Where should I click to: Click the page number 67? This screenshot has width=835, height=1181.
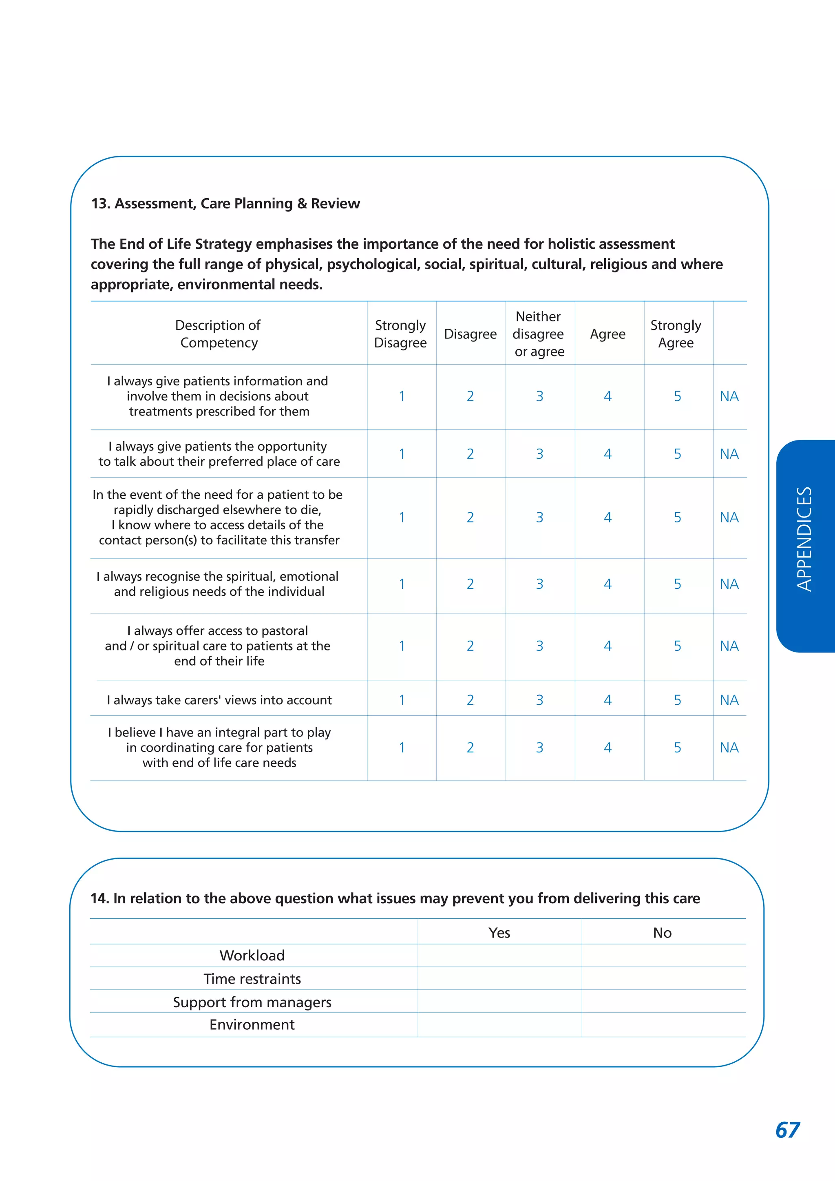click(x=787, y=1130)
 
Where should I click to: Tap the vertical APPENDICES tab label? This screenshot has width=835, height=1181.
click(x=804, y=539)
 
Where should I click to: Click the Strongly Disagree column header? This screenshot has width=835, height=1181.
click(x=400, y=334)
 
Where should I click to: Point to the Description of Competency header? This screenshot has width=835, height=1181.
click(x=218, y=334)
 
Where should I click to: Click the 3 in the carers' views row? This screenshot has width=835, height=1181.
click(x=539, y=700)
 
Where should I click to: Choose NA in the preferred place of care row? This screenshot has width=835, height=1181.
click(x=729, y=453)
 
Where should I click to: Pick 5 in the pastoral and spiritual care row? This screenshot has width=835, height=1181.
click(x=677, y=646)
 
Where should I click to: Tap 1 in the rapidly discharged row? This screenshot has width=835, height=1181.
click(x=402, y=518)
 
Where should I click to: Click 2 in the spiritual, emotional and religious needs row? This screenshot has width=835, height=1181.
click(x=470, y=584)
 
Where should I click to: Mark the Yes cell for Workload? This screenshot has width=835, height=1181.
click(x=499, y=955)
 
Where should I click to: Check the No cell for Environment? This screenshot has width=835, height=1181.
click(x=663, y=1025)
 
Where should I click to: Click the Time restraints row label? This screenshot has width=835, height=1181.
click(x=252, y=979)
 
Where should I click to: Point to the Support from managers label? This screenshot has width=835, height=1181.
click(x=252, y=1002)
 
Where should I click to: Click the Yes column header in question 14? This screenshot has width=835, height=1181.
click(x=499, y=933)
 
